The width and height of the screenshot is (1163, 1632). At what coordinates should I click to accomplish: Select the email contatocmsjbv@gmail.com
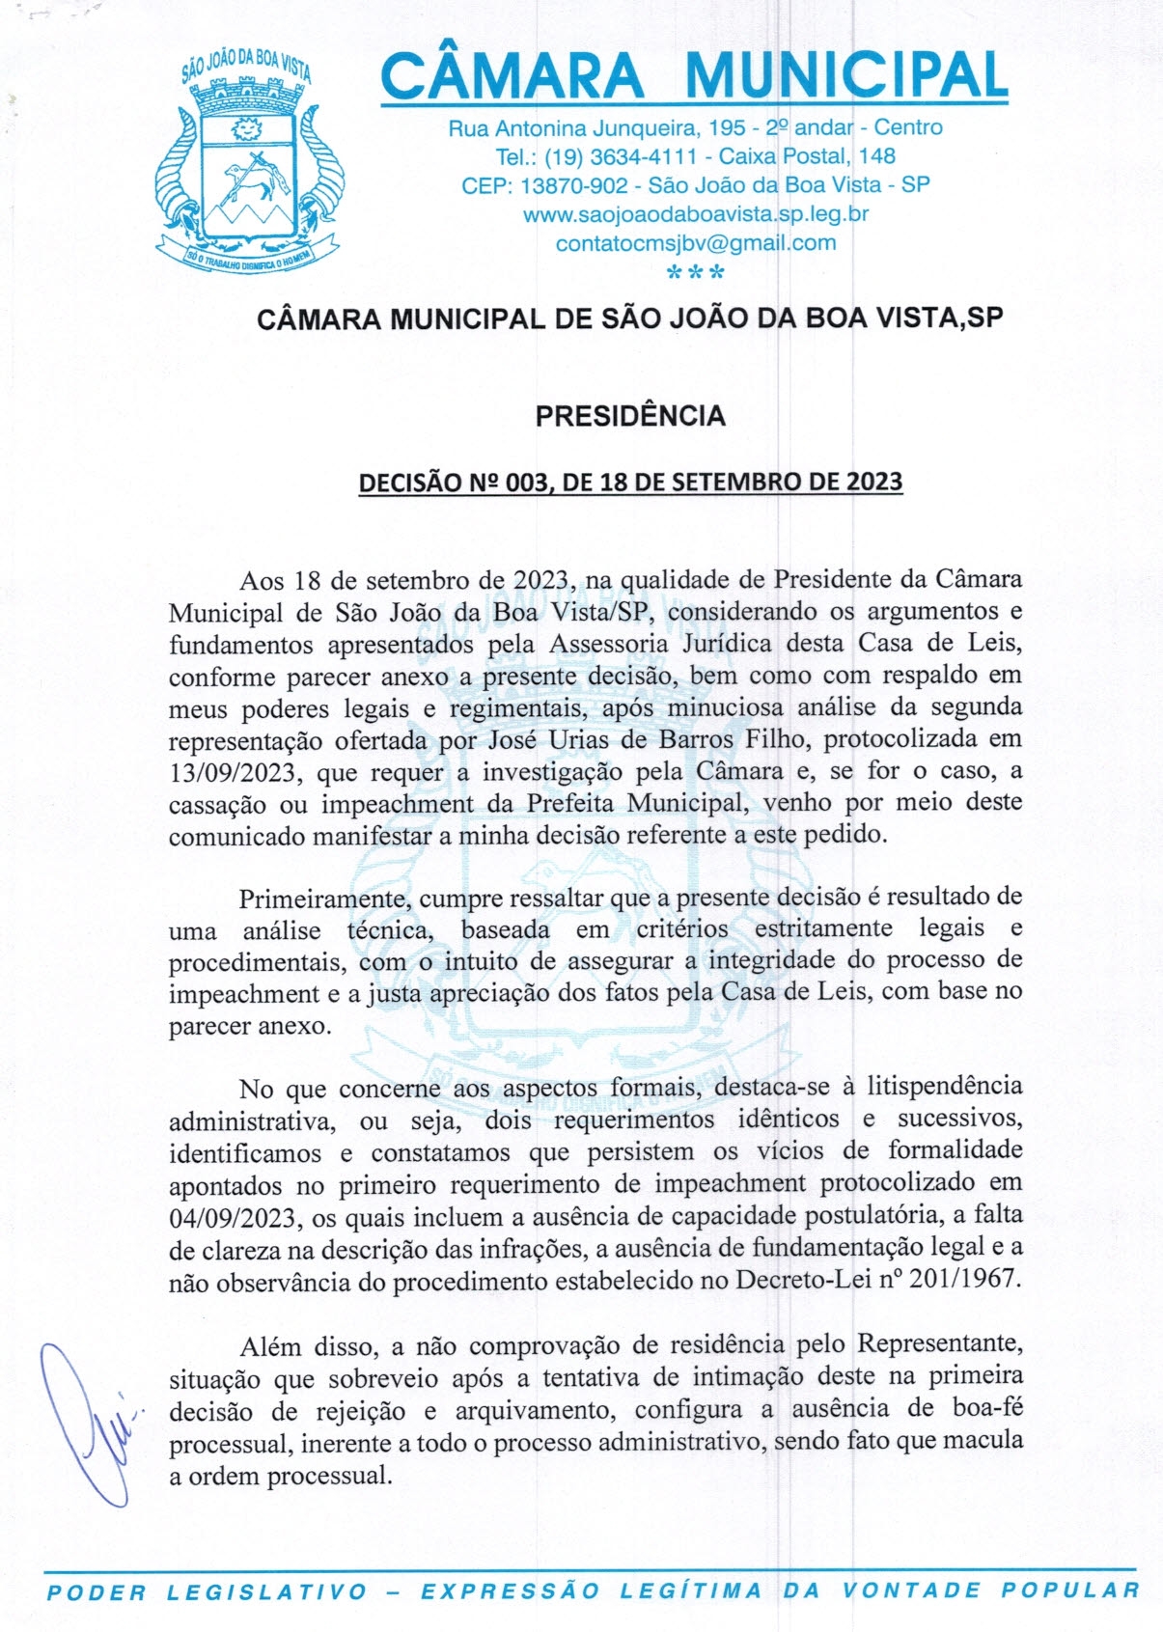pos(695,243)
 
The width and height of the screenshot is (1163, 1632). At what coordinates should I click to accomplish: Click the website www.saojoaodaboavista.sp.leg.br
pos(695,214)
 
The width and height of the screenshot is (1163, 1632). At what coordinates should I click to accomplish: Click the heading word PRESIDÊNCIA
pos(630,416)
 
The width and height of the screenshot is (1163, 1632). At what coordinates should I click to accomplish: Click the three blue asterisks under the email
pos(695,272)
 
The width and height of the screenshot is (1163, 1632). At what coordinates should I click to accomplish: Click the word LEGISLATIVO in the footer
pos(266,1591)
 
